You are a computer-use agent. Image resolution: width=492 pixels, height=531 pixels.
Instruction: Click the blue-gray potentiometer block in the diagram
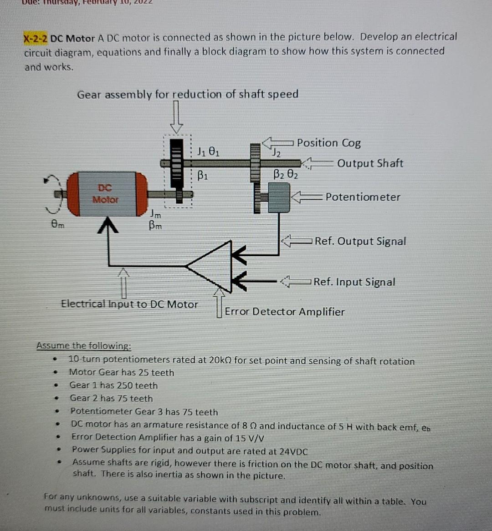pyautogui.click(x=279, y=197)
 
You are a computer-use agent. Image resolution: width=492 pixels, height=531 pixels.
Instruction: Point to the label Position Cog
pyautogui.click(x=329, y=143)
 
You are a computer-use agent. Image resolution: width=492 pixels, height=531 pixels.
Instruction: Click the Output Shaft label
pyautogui.click(x=370, y=163)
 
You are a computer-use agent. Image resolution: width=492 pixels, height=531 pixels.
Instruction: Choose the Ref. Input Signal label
pyautogui.click(x=354, y=282)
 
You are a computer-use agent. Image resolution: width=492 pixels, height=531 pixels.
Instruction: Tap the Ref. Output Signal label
pyautogui.click(x=360, y=241)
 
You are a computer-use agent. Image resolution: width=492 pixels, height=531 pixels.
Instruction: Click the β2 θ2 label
pyautogui.click(x=286, y=174)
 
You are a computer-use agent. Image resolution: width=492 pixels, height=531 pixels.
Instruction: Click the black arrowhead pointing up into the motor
pyautogui.click(x=108, y=225)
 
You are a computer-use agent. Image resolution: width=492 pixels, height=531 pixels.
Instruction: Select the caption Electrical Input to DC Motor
pyautogui.click(x=129, y=304)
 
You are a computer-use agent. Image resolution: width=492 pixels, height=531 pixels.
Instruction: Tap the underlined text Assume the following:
pyautogui.click(x=84, y=345)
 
